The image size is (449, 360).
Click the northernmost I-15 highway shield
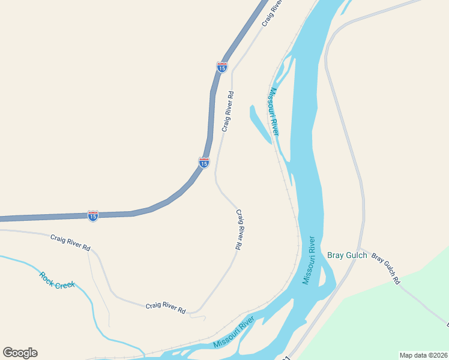(x=222, y=67)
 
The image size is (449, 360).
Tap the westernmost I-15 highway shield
(x=92, y=216)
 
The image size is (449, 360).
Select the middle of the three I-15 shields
(x=204, y=162)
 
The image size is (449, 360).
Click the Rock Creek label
(x=57, y=280)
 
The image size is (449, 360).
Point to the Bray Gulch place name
(x=347, y=255)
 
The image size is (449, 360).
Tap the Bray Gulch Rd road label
(x=385, y=268)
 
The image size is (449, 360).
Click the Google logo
(x=20, y=353)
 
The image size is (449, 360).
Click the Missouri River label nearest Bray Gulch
(x=309, y=260)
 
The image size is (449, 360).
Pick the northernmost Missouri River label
(x=274, y=112)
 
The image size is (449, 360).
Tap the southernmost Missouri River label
(x=234, y=334)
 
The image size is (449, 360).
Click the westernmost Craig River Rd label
(x=70, y=242)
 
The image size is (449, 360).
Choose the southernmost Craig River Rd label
(x=166, y=308)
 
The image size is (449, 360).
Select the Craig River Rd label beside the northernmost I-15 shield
(x=227, y=112)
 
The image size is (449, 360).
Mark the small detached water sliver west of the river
(x=260, y=124)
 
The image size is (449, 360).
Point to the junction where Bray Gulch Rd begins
(x=359, y=249)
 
